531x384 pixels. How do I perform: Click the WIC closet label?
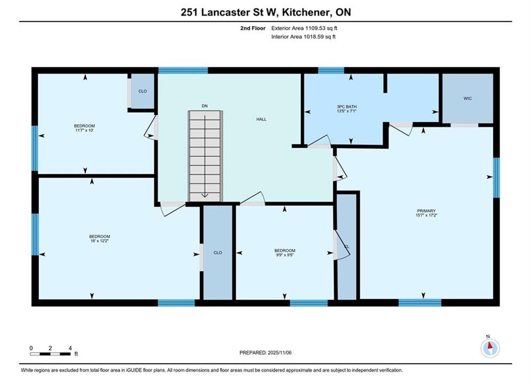click(467, 99)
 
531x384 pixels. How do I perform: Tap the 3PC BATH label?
click(346, 107)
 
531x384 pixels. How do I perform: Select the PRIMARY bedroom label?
click(426, 211)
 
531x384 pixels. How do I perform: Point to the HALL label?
click(261, 119)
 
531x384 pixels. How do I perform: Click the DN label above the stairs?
click(204, 106)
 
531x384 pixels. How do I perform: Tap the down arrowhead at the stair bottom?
click(205, 195)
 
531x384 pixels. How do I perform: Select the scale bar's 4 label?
click(70, 348)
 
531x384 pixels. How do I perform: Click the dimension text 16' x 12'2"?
click(99, 241)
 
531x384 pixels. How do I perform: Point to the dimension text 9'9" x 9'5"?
click(284, 255)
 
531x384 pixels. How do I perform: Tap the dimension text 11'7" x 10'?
click(84, 130)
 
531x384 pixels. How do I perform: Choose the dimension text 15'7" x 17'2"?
click(426, 215)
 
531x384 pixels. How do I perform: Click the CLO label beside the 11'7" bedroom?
click(142, 91)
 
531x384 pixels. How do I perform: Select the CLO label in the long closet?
click(218, 253)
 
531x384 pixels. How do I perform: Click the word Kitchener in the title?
click(306, 12)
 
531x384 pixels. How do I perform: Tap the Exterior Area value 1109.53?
click(315, 28)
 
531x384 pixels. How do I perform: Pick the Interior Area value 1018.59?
click(313, 37)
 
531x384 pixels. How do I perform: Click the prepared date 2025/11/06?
click(280, 353)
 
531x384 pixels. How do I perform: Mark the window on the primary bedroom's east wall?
click(496, 178)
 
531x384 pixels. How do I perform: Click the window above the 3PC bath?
click(331, 70)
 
